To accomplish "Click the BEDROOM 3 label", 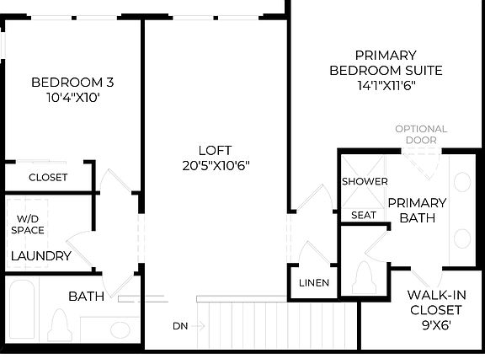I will pos(72,83).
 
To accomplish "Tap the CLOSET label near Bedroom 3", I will pos(48,178).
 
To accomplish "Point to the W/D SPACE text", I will pos(28,224).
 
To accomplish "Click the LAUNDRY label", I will pos(40,256).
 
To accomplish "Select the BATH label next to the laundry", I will pos(85,297).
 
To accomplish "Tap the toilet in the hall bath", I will pos(59,324).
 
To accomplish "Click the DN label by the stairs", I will pos(180,325).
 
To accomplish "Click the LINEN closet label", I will pos(314,283).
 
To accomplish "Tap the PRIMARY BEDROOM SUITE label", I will pos(386,62).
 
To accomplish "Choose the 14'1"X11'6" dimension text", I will pos(386,85).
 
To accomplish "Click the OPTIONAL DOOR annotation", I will pos(421,135).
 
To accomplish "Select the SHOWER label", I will pos(365,182).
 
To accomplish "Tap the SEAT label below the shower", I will pos(364,216).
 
